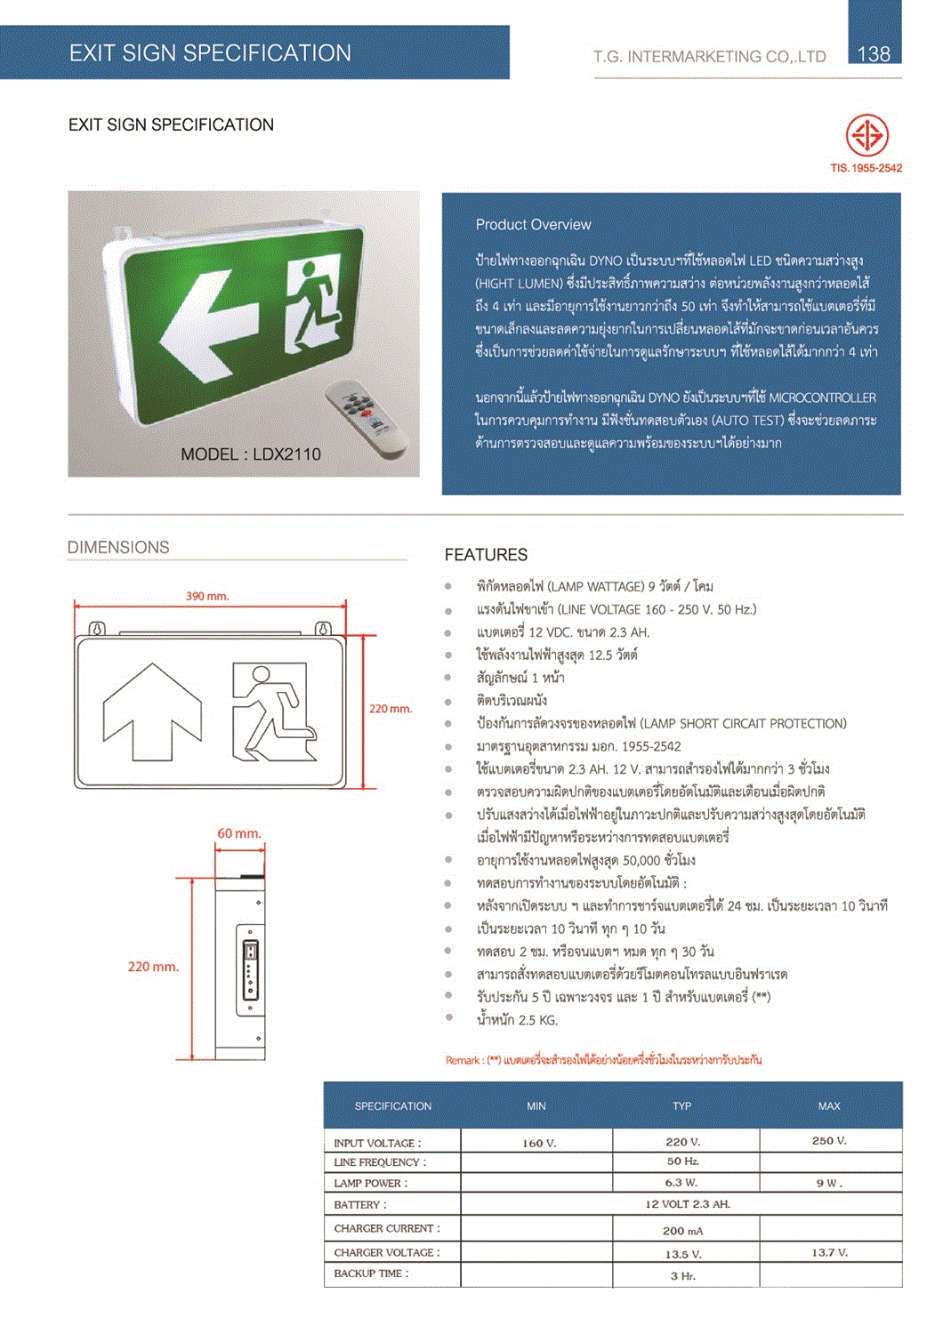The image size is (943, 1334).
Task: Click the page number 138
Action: (x=873, y=54)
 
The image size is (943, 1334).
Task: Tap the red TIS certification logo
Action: (x=866, y=136)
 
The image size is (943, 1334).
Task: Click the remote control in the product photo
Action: (x=366, y=414)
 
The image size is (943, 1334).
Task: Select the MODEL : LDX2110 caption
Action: (x=251, y=454)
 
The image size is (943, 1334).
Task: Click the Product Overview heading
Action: (x=533, y=225)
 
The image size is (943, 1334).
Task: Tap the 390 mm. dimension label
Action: (x=207, y=596)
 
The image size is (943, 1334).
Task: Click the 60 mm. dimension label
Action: (x=239, y=833)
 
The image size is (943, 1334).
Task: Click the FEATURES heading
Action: (x=486, y=555)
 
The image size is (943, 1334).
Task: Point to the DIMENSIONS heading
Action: (x=118, y=548)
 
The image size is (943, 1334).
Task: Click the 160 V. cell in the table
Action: (x=538, y=1143)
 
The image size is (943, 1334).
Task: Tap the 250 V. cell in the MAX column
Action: (x=829, y=1141)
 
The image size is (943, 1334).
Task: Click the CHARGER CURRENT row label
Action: (x=387, y=1228)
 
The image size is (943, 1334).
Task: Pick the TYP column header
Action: (x=681, y=1106)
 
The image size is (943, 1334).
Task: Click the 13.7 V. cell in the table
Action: (x=829, y=1252)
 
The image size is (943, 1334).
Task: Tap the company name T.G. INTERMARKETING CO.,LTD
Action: (x=710, y=57)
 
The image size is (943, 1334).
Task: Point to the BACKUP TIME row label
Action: (x=371, y=1274)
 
